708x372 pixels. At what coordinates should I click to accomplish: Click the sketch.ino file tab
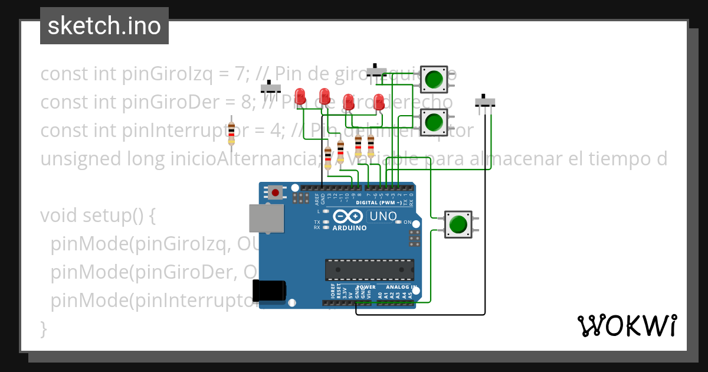(x=104, y=26)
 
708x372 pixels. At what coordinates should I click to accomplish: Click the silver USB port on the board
(x=266, y=218)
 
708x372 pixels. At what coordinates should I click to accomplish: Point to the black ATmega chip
(x=369, y=269)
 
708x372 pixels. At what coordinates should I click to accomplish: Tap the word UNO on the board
(x=383, y=217)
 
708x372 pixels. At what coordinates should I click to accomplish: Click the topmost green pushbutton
(x=434, y=79)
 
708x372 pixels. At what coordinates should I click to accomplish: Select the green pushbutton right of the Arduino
(x=458, y=224)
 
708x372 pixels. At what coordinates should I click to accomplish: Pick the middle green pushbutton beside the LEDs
(x=434, y=122)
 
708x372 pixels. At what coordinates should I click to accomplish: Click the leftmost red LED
(x=300, y=96)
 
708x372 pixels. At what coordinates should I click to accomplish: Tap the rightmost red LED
(x=379, y=101)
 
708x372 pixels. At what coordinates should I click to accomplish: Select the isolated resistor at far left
(x=231, y=133)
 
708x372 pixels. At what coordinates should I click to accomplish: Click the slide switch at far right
(x=485, y=103)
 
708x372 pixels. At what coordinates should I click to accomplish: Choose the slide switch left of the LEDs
(x=271, y=89)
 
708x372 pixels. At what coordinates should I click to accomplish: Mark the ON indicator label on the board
(x=407, y=222)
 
